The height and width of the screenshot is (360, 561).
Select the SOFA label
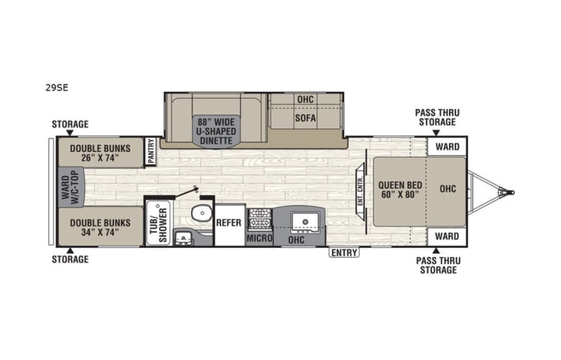coord(305,118)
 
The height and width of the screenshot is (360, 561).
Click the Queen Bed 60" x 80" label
coord(401,188)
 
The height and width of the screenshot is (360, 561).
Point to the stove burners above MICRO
coord(259,218)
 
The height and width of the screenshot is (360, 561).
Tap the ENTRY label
coord(345,253)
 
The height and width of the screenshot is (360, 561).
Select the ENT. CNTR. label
coord(360,188)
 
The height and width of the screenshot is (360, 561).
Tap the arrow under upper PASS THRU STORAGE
coord(436,131)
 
